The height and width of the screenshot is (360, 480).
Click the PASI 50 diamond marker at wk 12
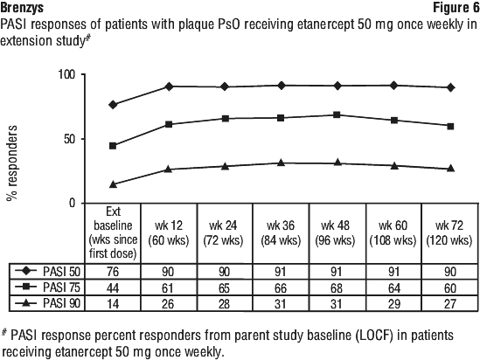tap(169, 87)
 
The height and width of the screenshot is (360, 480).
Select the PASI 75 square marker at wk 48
tap(337, 114)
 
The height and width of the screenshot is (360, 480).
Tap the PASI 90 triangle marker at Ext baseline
tap(113, 184)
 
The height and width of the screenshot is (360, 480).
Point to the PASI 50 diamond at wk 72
tap(450, 87)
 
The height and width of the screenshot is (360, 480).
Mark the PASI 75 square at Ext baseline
tap(113, 146)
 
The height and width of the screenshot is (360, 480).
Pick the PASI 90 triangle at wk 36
tap(281, 163)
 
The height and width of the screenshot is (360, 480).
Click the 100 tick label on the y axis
tap(66, 74)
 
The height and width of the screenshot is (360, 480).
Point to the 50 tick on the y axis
tap(69, 139)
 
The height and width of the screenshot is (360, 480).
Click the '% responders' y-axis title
tap(11, 163)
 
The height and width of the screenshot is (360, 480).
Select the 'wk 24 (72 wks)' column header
tap(223, 233)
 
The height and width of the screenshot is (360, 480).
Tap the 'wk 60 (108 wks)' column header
tap(393, 233)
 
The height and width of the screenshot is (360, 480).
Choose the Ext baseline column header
tap(113, 232)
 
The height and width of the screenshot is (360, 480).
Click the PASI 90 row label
tap(61, 303)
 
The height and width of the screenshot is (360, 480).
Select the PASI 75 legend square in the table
tap(25, 287)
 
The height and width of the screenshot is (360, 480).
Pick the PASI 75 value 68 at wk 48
tap(336, 287)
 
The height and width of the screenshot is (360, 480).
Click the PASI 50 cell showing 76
tap(113, 272)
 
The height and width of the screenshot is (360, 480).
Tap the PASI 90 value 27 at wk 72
tap(450, 304)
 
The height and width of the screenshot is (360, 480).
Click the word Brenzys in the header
tap(22, 8)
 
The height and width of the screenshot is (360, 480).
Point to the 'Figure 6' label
tap(456, 8)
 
